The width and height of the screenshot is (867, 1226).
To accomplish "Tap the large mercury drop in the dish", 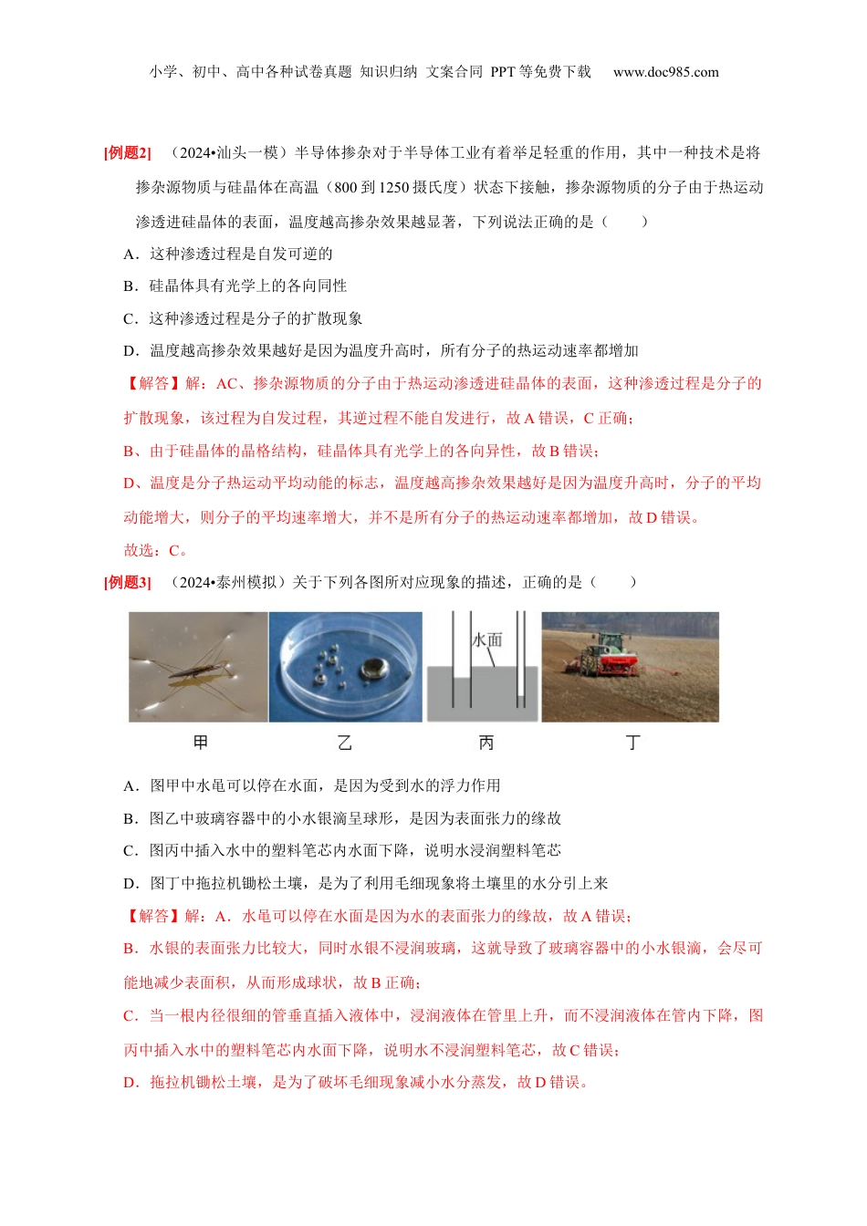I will pyautogui.click(x=372, y=669).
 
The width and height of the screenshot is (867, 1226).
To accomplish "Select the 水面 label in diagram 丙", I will pyautogui.click(x=487, y=639).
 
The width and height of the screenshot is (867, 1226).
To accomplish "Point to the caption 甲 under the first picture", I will pyautogui.click(x=201, y=743).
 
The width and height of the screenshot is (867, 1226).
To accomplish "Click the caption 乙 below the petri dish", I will pyautogui.click(x=344, y=743).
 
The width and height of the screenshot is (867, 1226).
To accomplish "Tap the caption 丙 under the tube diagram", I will pyautogui.click(x=486, y=743).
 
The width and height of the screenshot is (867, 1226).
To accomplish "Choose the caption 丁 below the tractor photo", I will pyautogui.click(x=632, y=743).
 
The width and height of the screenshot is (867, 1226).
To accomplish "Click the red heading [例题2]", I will pyautogui.click(x=128, y=153).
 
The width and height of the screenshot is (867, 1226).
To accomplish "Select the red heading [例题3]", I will pyautogui.click(x=128, y=582).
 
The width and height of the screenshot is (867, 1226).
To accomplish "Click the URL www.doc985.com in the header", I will pyautogui.click(x=665, y=72).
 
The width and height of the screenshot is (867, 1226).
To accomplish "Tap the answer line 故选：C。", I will pyautogui.click(x=156, y=550).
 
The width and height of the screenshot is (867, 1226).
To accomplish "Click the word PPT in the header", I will pyautogui.click(x=503, y=72).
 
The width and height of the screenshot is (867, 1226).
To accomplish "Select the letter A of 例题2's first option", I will pyautogui.click(x=130, y=254).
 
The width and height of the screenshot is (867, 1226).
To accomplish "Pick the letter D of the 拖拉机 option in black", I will pyautogui.click(x=130, y=883).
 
